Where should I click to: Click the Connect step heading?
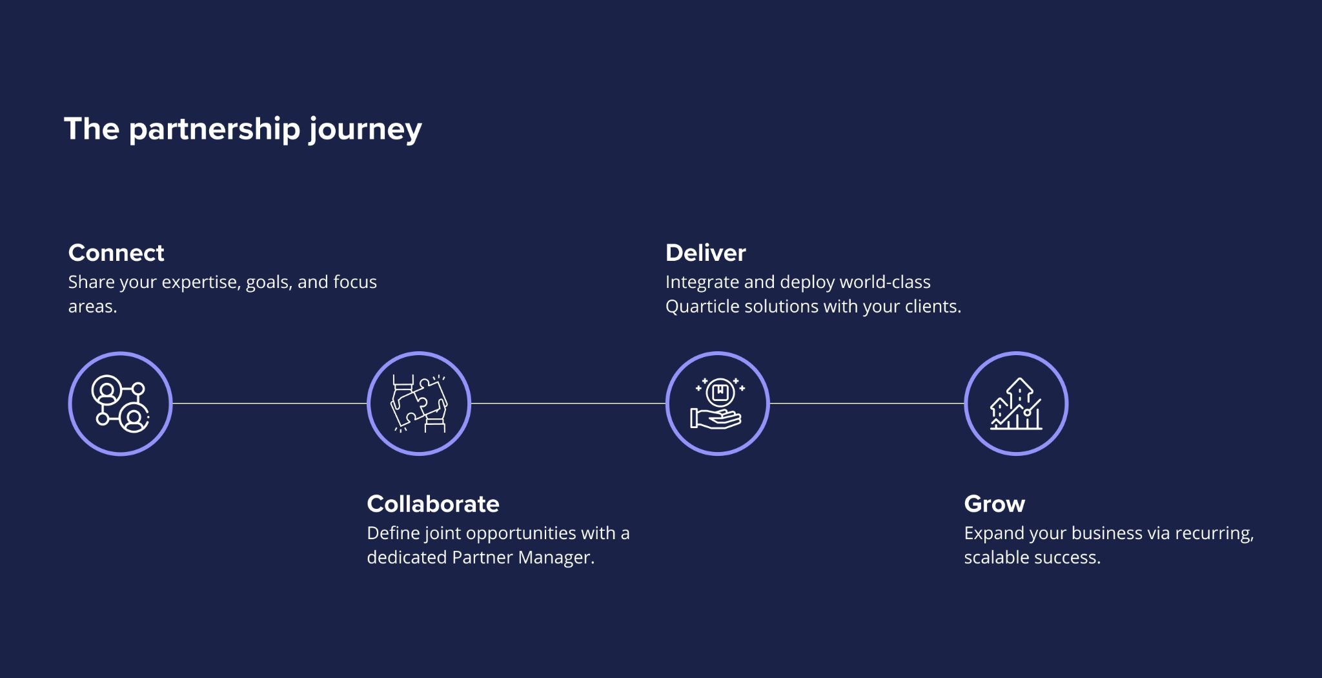pyautogui.click(x=116, y=252)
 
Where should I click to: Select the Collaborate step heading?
pyautogui.click(x=432, y=504)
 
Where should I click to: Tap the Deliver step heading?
pyautogui.click(x=706, y=252)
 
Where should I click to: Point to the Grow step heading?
pyautogui.click(x=994, y=504)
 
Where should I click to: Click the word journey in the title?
pyautogui.click(x=365, y=130)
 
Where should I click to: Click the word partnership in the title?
pyautogui.click(x=214, y=130)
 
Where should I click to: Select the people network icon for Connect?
pyautogui.click(x=120, y=404)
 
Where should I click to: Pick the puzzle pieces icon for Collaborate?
pyautogui.click(x=419, y=404)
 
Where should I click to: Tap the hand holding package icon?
pyautogui.click(x=717, y=404)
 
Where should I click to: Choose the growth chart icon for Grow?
pyautogui.click(x=1016, y=404)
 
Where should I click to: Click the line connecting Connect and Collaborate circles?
pyautogui.click(x=269, y=404)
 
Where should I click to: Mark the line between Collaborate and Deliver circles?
pyautogui.click(x=568, y=404)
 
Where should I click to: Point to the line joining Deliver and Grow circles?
pyautogui.click(x=866, y=404)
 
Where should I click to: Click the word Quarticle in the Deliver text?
pyautogui.click(x=702, y=307)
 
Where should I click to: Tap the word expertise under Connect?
pyautogui.click(x=201, y=283)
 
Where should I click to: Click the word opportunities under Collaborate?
pyautogui.click(x=521, y=533)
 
